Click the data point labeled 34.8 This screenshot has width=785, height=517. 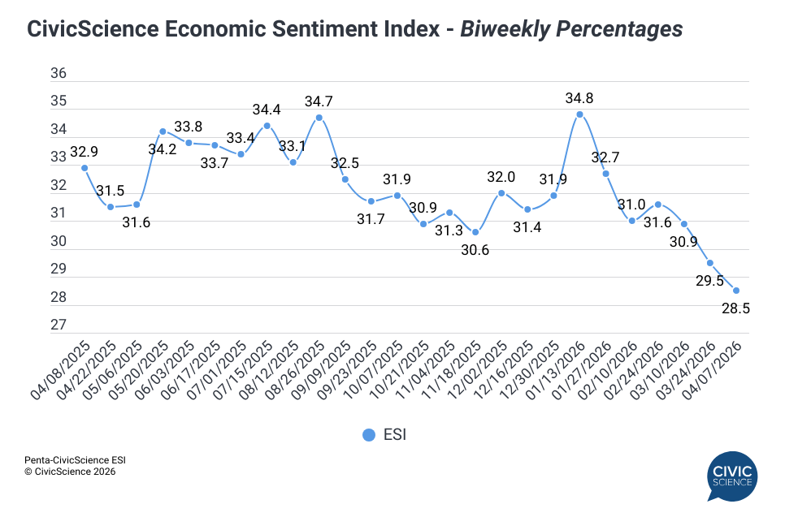579,114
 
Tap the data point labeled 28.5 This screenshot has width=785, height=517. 736,291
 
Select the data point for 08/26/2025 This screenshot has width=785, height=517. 319,117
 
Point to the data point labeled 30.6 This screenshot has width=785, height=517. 475,232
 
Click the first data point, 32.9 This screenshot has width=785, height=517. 85,168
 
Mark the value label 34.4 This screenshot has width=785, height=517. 267,110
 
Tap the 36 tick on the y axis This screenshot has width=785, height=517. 59,74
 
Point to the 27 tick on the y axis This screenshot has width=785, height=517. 59,325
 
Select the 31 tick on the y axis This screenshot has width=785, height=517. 59,213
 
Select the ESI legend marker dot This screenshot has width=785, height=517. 369,435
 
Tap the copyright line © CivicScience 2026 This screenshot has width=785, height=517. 70,471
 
